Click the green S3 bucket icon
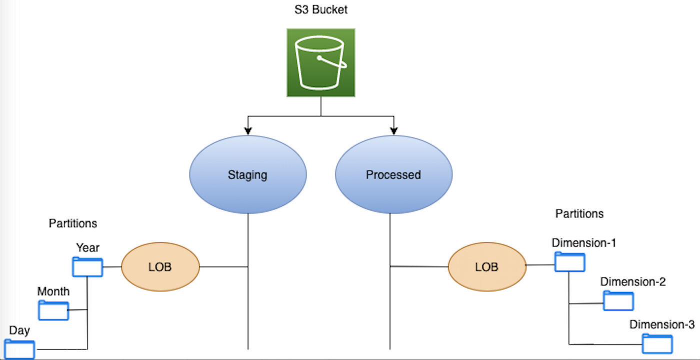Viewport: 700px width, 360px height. coord(320,62)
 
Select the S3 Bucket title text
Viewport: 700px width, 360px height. coord(320,9)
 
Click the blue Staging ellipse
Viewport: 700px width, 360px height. coord(247,174)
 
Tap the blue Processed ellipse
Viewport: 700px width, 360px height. coord(393,174)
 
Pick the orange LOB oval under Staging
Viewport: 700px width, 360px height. coord(160,267)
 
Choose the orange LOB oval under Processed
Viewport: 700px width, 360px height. coord(486,267)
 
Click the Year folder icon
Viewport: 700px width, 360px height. coord(87,267)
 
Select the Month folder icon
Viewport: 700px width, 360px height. coord(53,310)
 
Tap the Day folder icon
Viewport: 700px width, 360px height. coord(20,349)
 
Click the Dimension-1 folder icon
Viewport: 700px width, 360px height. coord(569,262)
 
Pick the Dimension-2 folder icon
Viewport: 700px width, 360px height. coord(618,300)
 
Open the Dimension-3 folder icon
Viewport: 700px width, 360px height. coord(657,344)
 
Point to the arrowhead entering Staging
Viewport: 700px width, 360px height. coord(248,131)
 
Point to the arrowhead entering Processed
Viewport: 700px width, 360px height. coord(393,131)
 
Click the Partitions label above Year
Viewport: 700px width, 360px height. coord(73,223)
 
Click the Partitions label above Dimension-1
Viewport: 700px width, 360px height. coord(579,214)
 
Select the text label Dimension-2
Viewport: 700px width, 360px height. coord(632,282)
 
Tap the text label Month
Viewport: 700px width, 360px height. coord(53,291)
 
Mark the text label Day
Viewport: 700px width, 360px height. coord(19,330)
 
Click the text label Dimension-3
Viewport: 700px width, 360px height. coord(661,324)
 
